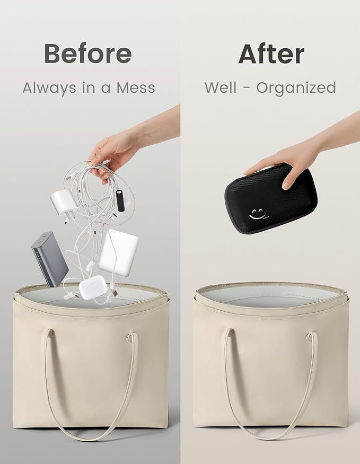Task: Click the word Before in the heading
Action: click(88, 53)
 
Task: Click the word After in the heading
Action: click(271, 54)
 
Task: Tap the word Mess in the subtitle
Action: click(136, 87)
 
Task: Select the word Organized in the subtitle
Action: click(296, 87)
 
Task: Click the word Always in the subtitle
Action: click(49, 88)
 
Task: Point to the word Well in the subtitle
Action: click(221, 87)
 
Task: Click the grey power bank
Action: click(50, 259)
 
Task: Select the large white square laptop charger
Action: click(118, 252)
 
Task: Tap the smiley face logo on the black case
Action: click(257, 214)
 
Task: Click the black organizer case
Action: click(271, 198)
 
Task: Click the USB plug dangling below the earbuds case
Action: click(114, 292)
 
